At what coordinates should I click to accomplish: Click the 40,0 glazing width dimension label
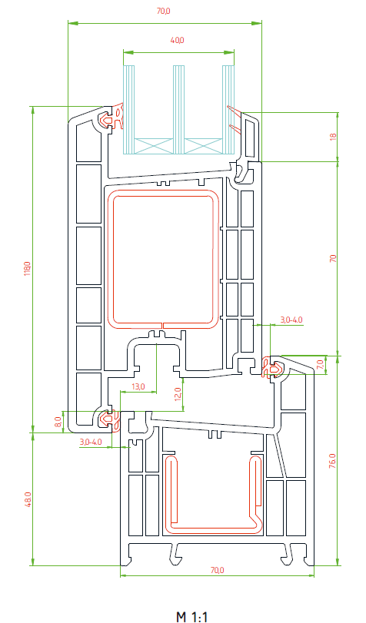[x=177, y=40]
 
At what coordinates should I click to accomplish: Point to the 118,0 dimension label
[x=27, y=269]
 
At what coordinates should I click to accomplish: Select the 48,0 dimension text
[x=27, y=499]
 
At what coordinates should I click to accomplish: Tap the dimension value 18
[x=333, y=136]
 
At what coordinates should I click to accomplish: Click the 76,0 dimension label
[x=333, y=461]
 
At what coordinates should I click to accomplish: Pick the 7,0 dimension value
[x=321, y=364]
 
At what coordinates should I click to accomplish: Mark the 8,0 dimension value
[x=58, y=422]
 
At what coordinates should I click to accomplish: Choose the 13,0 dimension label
[x=138, y=386]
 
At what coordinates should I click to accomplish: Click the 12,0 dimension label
[x=178, y=394]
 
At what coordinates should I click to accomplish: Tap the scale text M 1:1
[x=192, y=617]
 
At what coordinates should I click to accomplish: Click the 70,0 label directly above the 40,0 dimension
[x=163, y=11]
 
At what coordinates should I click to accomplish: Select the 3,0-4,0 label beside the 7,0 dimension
[x=291, y=320]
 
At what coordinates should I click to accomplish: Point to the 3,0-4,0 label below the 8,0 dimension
[x=91, y=442]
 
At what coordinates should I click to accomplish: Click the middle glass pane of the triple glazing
[x=178, y=110]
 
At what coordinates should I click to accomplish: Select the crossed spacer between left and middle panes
[x=154, y=146]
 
